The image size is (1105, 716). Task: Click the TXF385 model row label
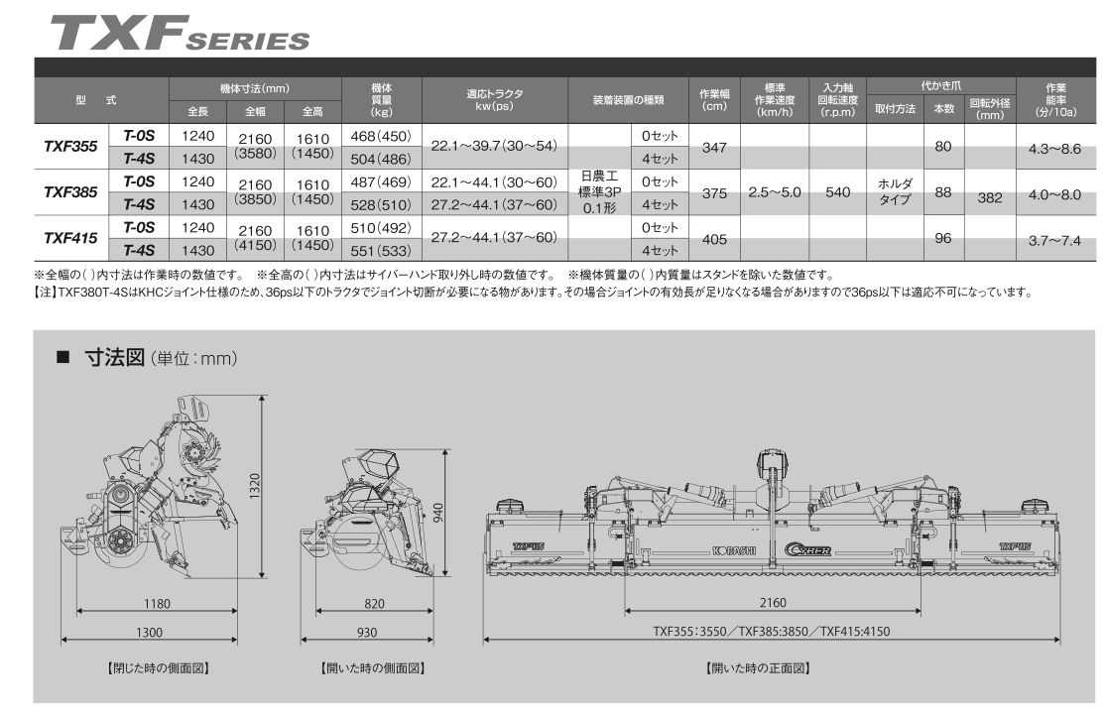(70, 192)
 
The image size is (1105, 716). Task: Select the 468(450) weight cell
(381, 136)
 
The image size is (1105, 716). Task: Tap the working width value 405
(714, 240)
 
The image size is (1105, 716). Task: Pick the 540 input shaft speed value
(837, 192)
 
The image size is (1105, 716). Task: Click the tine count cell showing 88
(943, 192)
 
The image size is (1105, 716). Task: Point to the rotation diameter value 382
(989, 198)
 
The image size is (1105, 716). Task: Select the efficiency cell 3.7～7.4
(1054, 241)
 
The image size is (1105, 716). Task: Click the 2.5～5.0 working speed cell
(775, 192)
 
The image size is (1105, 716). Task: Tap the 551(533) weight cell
(381, 251)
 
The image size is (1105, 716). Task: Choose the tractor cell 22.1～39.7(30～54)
(494, 146)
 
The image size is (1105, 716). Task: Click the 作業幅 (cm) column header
(714, 99)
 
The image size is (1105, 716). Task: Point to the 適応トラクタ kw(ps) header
(494, 99)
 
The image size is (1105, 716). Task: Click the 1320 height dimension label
(254, 486)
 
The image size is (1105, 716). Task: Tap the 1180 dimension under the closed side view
(157, 603)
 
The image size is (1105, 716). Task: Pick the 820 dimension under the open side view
(374, 603)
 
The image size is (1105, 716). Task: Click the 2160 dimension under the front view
(773, 603)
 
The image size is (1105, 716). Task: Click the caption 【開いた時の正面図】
(758, 668)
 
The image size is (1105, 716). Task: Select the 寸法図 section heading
(114, 357)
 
